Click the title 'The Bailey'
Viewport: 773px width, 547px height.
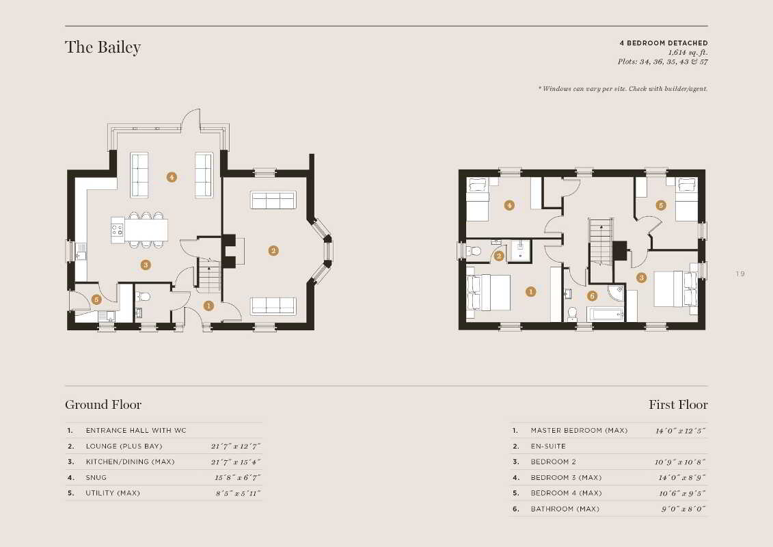(103, 47)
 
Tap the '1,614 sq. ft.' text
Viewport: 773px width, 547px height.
(688, 52)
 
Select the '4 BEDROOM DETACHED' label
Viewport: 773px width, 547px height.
(664, 43)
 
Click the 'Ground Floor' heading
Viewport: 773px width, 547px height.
(103, 405)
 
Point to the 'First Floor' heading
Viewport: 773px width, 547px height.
(678, 405)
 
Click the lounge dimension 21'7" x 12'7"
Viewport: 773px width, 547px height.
(236, 446)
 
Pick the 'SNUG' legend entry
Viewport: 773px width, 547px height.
(96, 477)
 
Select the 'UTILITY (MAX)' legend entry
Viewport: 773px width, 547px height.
(113, 493)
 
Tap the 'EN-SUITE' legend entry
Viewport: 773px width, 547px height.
(548, 446)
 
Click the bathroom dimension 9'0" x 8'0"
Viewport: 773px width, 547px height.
(683, 509)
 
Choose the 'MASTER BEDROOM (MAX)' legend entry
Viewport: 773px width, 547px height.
(580, 431)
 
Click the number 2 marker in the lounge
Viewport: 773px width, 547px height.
(273, 250)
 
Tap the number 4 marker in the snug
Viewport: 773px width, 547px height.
(171, 177)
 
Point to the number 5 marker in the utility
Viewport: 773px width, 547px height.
(96, 299)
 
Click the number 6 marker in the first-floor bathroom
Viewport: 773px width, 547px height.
(592, 295)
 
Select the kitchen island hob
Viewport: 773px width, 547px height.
(118, 230)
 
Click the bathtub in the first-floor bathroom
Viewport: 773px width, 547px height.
(605, 315)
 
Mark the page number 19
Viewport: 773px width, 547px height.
(740, 273)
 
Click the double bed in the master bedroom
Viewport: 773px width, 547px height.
(489, 293)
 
